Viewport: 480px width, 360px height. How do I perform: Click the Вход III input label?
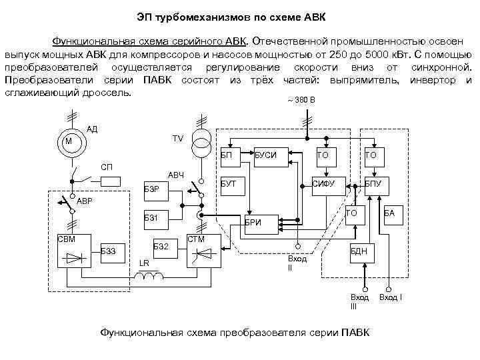pyautogui.click(x=359, y=301)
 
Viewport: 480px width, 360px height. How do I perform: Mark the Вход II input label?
pyautogui.click(x=297, y=263)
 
